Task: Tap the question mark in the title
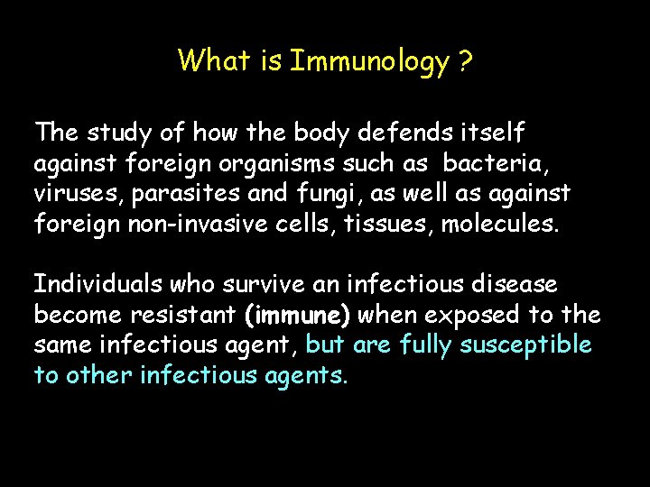466,61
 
